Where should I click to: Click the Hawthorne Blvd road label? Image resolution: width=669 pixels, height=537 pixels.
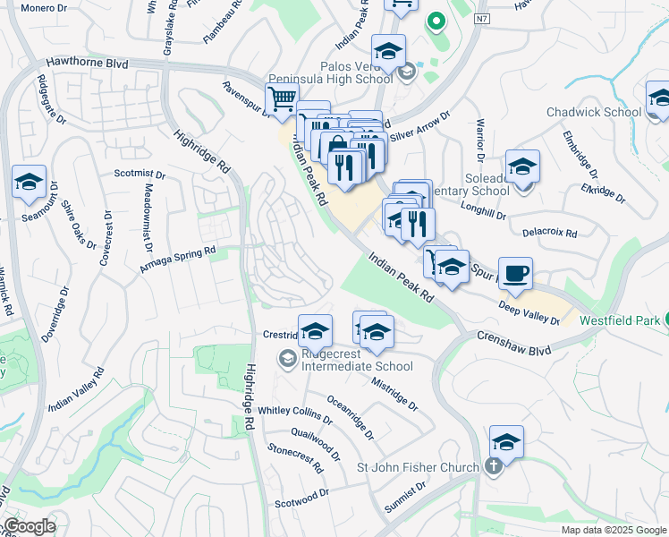(88, 64)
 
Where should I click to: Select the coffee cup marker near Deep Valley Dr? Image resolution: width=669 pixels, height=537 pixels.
(514, 273)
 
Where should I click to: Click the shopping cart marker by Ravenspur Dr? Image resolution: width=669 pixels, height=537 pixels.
(281, 100)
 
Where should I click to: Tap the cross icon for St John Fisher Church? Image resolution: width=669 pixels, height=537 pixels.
(492, 466)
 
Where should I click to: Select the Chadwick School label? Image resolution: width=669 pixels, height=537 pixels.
(594, 112)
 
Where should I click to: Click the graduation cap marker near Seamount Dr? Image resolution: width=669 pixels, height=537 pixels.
(29, 183)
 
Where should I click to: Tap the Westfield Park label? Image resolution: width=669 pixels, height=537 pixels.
(620, 320)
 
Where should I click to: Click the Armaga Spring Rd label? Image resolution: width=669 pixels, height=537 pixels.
(179, 260)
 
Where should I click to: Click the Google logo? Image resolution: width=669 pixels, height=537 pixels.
(30, 526)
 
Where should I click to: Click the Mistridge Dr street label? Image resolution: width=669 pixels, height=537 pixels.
(394, 392)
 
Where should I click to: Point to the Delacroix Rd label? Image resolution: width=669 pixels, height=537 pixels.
(549, 233)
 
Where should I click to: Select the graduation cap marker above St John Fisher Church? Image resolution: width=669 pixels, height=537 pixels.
(506, 442)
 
